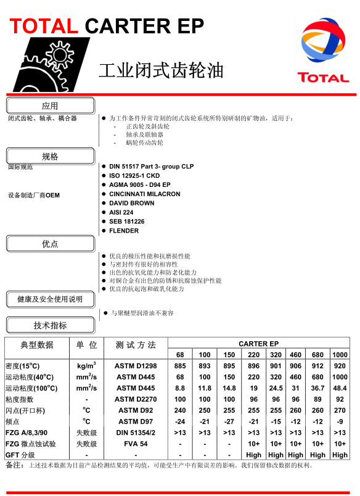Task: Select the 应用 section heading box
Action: (50, 105)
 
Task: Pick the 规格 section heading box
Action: (50, 156)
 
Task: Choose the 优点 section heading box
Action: (50, 244)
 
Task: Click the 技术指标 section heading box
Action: (50, 325)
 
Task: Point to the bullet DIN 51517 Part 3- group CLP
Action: (151, 167)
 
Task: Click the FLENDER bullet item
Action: (124, 231)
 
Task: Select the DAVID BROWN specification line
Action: (131, 203)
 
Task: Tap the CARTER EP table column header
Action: (259, 344)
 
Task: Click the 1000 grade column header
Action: (340, 355)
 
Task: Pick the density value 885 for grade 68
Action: (180, 366)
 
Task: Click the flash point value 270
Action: (340, 410)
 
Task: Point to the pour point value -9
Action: (340, 421)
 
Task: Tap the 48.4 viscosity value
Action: (340, 388)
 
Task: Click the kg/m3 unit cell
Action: (86, 366)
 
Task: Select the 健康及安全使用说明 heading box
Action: (50, 299)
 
